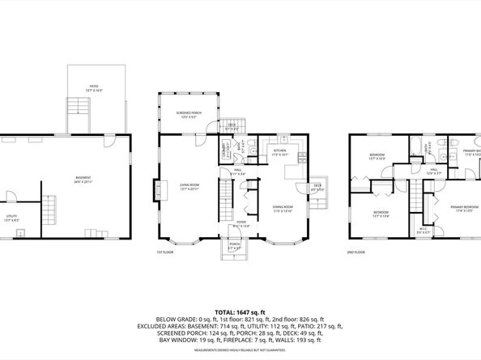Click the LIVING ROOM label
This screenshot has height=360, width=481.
[190, 187]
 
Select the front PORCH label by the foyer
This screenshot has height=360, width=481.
[234, 247]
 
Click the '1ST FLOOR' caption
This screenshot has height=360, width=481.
[165, 252]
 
